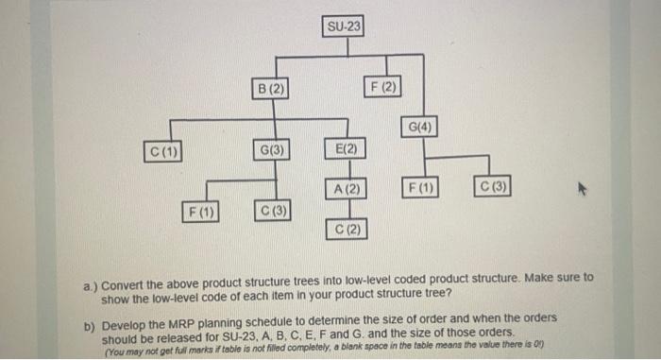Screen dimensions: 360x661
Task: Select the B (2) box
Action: coord(269,89)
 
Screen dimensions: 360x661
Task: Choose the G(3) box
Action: coord(270,149)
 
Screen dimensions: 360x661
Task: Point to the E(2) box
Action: coord(346,149)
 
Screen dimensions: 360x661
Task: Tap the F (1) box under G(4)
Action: coord(420,187)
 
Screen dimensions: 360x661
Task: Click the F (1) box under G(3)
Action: coord(201,210)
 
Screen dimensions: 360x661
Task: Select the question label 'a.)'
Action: coord(90,281)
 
